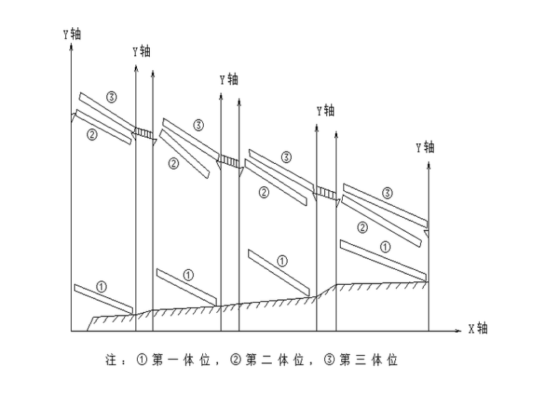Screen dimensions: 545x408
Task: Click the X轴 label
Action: coord(478,329)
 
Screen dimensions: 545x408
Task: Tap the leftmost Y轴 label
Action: coord(72,34)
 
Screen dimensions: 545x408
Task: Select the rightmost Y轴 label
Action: coord(425,147)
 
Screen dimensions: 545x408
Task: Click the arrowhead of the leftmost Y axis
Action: coord(71,47)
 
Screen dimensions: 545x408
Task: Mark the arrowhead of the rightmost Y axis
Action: coord(429,165)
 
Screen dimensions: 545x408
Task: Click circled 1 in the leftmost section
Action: coord(101,287)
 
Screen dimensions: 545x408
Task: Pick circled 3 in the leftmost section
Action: coord(111,97)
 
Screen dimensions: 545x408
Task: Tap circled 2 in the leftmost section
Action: coord(92,135)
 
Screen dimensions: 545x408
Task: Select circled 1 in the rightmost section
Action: coord(385,247)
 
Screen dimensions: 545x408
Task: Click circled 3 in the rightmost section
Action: coord(387,193)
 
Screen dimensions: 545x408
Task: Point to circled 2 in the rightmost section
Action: coord(362,228)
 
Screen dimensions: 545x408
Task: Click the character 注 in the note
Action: coord(111,360)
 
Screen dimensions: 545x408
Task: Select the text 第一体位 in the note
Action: coord(181,360)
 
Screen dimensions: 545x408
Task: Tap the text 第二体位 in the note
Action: coord(275,360)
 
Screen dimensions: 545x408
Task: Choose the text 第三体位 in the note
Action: coord(369,360)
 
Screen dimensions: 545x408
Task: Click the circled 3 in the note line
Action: coord(329,360)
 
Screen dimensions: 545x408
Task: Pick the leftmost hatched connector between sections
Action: coord(144,134)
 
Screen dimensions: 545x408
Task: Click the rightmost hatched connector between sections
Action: coord(326,193)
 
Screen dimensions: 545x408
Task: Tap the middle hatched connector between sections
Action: coord(229,162)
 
